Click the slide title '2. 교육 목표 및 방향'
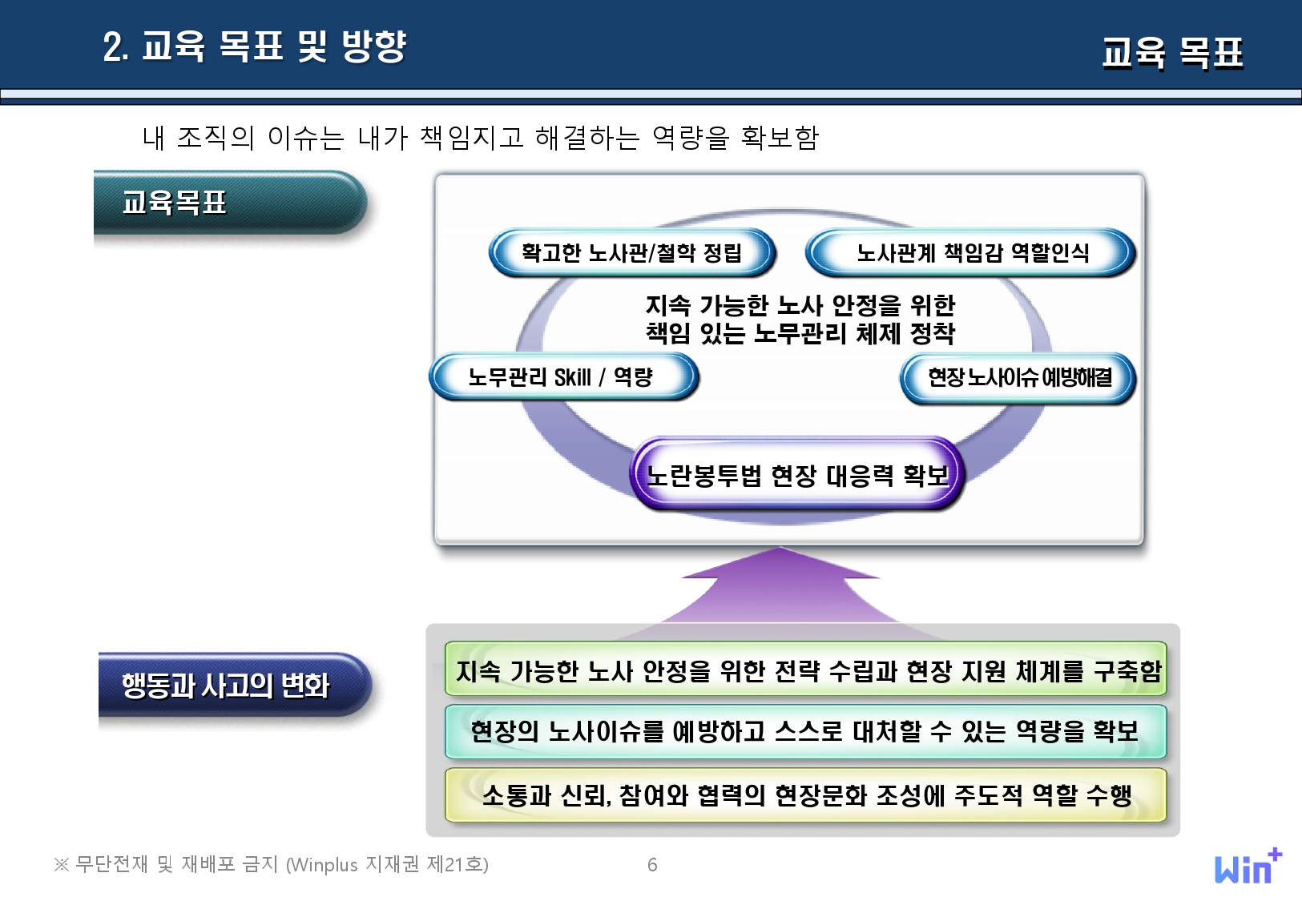click(x=254, y=46)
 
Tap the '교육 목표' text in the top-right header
click(x=1172, y=53)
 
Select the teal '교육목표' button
click(x=230, y=203)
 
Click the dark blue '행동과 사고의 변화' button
click(x=235, y=685)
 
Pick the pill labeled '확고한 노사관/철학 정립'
click(x=632, y=253)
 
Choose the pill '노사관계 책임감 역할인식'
click(x=970, y=253)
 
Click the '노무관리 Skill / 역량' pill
click(x=563, y=377)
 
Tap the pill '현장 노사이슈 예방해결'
click(x=1018, y=377)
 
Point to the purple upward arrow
click(x=780, y=587)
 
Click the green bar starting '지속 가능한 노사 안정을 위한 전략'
click(x=805, y=669)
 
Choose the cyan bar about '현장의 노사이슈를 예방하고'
click(x=805, y=732)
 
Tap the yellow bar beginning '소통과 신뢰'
click(x=805, y=795)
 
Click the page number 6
click(x=652, y=865)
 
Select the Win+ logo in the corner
click(x=1248, y=866)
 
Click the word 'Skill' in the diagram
click(x=572, y=377)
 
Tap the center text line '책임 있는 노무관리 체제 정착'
click(x=800, y=333)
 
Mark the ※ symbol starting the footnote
click(x=61, y=865)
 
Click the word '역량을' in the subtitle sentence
click(x=691, y=139)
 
